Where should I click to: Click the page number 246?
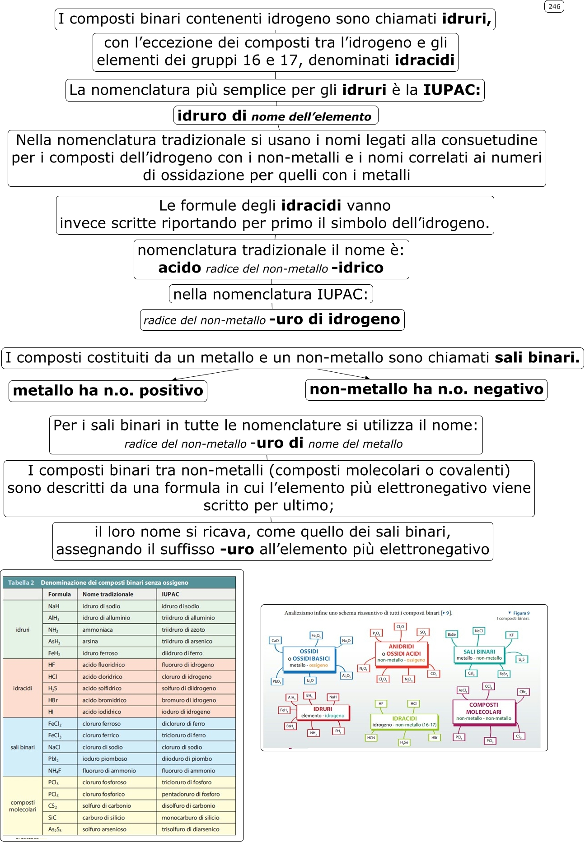[554, 6]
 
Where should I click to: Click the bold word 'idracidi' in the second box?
[424, 60]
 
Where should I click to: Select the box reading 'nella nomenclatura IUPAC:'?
[271, 294]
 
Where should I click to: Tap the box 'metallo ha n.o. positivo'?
[108, 390]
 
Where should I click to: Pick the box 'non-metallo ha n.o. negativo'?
[426, 389]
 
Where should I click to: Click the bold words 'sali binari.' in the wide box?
[537, 357]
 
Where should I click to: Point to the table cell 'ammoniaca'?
[98, 629]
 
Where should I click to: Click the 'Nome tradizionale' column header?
[108, 594]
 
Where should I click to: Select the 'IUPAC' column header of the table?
[170, 594]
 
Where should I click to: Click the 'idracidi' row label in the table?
[23, 688]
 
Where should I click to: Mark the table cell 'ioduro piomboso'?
[105, 759]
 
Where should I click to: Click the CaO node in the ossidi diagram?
[275, 640]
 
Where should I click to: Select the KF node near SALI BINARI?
[511, 635]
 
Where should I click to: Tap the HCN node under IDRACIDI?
[371, 738]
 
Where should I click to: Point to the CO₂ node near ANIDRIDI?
[433, 674]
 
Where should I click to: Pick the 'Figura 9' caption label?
[521, 613]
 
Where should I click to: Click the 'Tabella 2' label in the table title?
[21, 583]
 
